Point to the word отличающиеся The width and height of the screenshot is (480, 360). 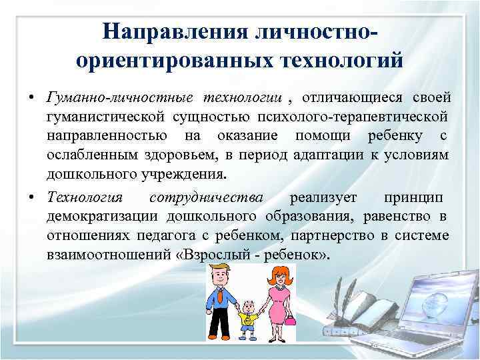pyautogui.click(x=352, y=99)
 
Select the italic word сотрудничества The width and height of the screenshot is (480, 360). pyautogui.click(x=206, y=198)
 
